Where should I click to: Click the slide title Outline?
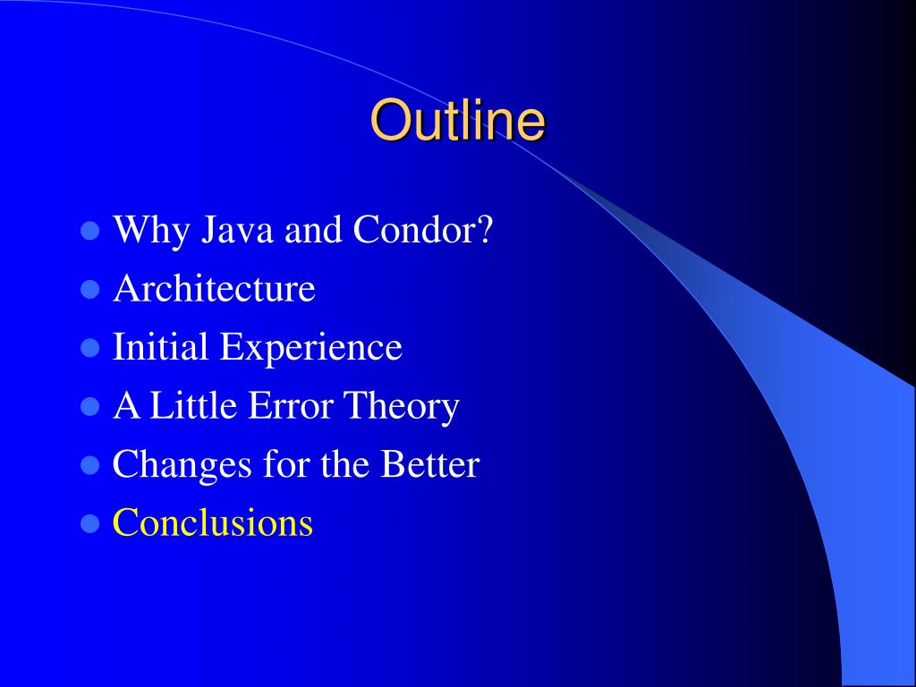458,121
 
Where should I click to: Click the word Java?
237,230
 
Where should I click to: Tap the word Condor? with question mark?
423,229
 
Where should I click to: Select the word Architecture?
214,288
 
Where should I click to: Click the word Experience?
310,348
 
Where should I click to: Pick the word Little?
193,405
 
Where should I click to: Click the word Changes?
182,465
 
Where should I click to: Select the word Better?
430,464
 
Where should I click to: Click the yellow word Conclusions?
213,522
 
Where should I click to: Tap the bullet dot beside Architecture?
90,289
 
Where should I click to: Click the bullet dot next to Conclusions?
90,524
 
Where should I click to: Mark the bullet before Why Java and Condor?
90,230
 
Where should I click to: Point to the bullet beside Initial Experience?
90,348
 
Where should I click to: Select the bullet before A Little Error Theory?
90,407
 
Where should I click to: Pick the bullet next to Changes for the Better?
90,465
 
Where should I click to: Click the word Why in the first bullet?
151,231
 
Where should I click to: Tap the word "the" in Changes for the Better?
344,464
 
